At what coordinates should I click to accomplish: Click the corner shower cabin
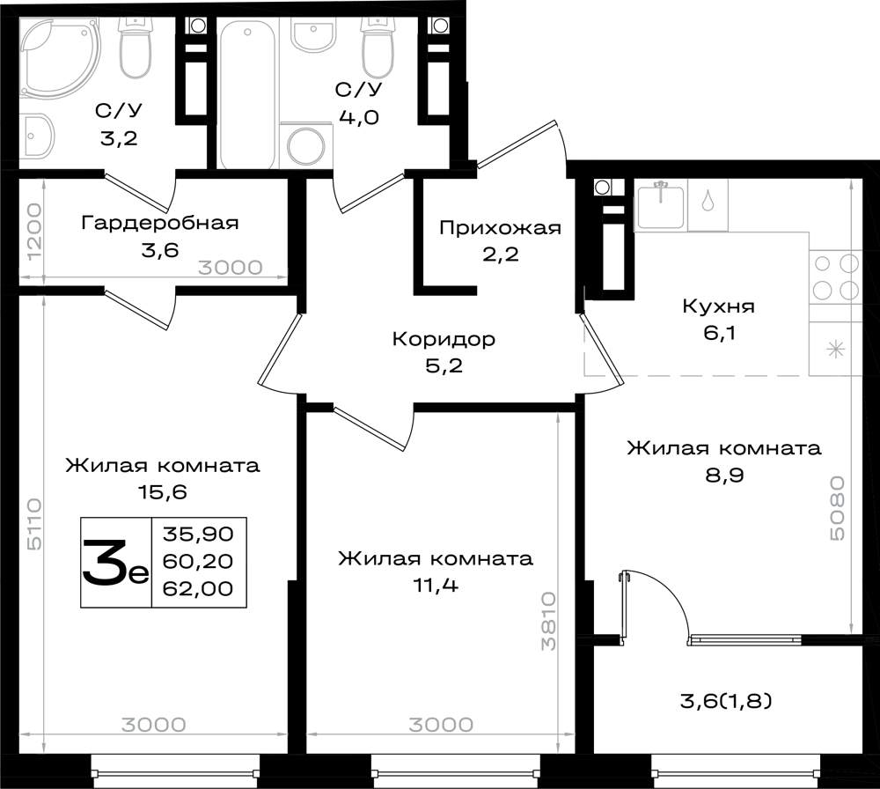point(59,56)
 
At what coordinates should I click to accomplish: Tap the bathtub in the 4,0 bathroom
point(247,93)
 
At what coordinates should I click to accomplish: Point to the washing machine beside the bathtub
point(306,145)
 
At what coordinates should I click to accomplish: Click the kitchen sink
point(661,205)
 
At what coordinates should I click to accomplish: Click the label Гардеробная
point(160,223)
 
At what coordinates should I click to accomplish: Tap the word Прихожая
point(500,228)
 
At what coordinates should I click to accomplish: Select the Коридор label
point(444,339)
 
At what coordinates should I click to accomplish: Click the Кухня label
point(718,306)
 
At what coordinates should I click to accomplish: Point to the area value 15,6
point(162,492)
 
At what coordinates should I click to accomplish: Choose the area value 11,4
point(436,586)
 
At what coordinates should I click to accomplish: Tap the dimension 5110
point(33,523)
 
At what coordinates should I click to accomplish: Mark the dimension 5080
point(837,509)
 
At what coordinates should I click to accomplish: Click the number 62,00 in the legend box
point(197,588)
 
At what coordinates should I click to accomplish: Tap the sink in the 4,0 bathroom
point(314,34)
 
